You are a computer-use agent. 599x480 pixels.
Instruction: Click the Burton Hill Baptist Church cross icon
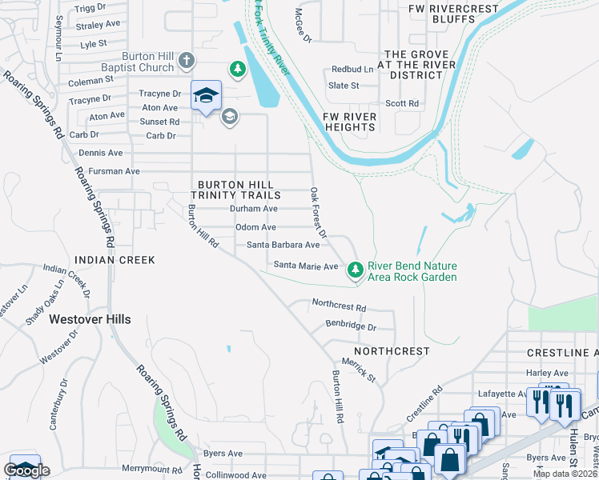click(x=186, y=61)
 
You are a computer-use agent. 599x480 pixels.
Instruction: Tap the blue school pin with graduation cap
click(x=206, y=95)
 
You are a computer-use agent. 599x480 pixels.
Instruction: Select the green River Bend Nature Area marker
click(x=356, y=271)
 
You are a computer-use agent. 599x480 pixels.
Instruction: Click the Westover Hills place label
click(x=90, y=318)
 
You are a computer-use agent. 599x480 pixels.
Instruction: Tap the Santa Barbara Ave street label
click(x=283, y=245)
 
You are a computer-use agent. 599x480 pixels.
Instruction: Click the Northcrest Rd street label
click(x=339, y=306)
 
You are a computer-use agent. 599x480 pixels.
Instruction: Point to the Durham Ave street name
click(x=253, y=208)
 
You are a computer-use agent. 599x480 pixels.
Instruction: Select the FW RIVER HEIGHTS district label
click(x=349, y=122)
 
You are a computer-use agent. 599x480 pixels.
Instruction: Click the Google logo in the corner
click(x=26, y=470)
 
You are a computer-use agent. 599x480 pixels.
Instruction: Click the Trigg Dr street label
click(x=90, y=7)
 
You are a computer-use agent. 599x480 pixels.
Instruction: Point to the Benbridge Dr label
click(x=350, y=326)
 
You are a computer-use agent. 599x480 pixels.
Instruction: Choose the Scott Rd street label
click(x=402, y=103)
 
